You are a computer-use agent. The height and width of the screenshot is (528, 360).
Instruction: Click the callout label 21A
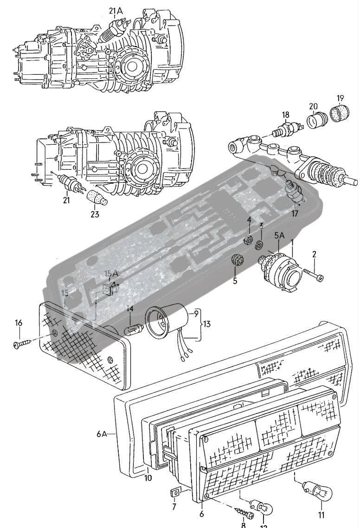[116, 10]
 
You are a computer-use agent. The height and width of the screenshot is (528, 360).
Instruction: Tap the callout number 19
[340, 98]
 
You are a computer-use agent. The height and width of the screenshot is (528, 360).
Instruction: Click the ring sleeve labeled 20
[319, 119]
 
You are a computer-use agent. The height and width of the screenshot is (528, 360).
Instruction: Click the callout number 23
[95, 214]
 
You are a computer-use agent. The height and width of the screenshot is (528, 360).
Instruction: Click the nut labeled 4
[248, 240]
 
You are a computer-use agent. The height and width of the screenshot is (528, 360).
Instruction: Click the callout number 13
[207, 323]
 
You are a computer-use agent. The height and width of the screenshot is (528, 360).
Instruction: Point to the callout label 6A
[102, 434]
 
